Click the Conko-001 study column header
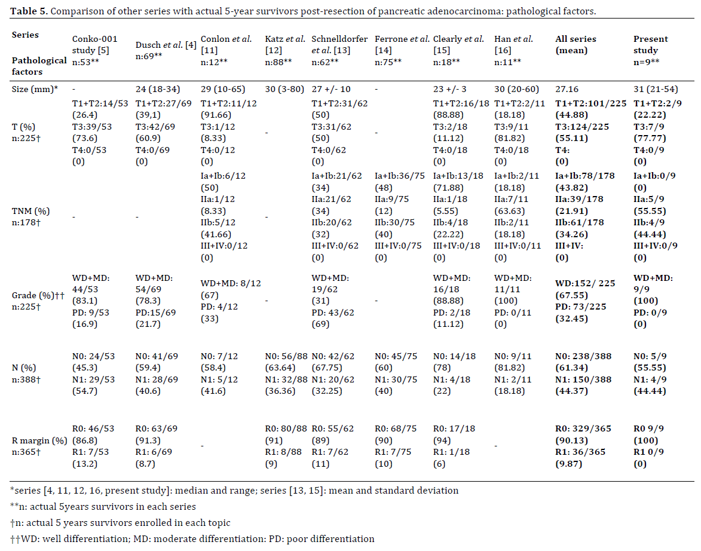click(x=94, y=50)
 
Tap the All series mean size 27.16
click(x=567, y=90)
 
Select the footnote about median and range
click(x=234, y=490)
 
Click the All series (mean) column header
click(x=576, y=45)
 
